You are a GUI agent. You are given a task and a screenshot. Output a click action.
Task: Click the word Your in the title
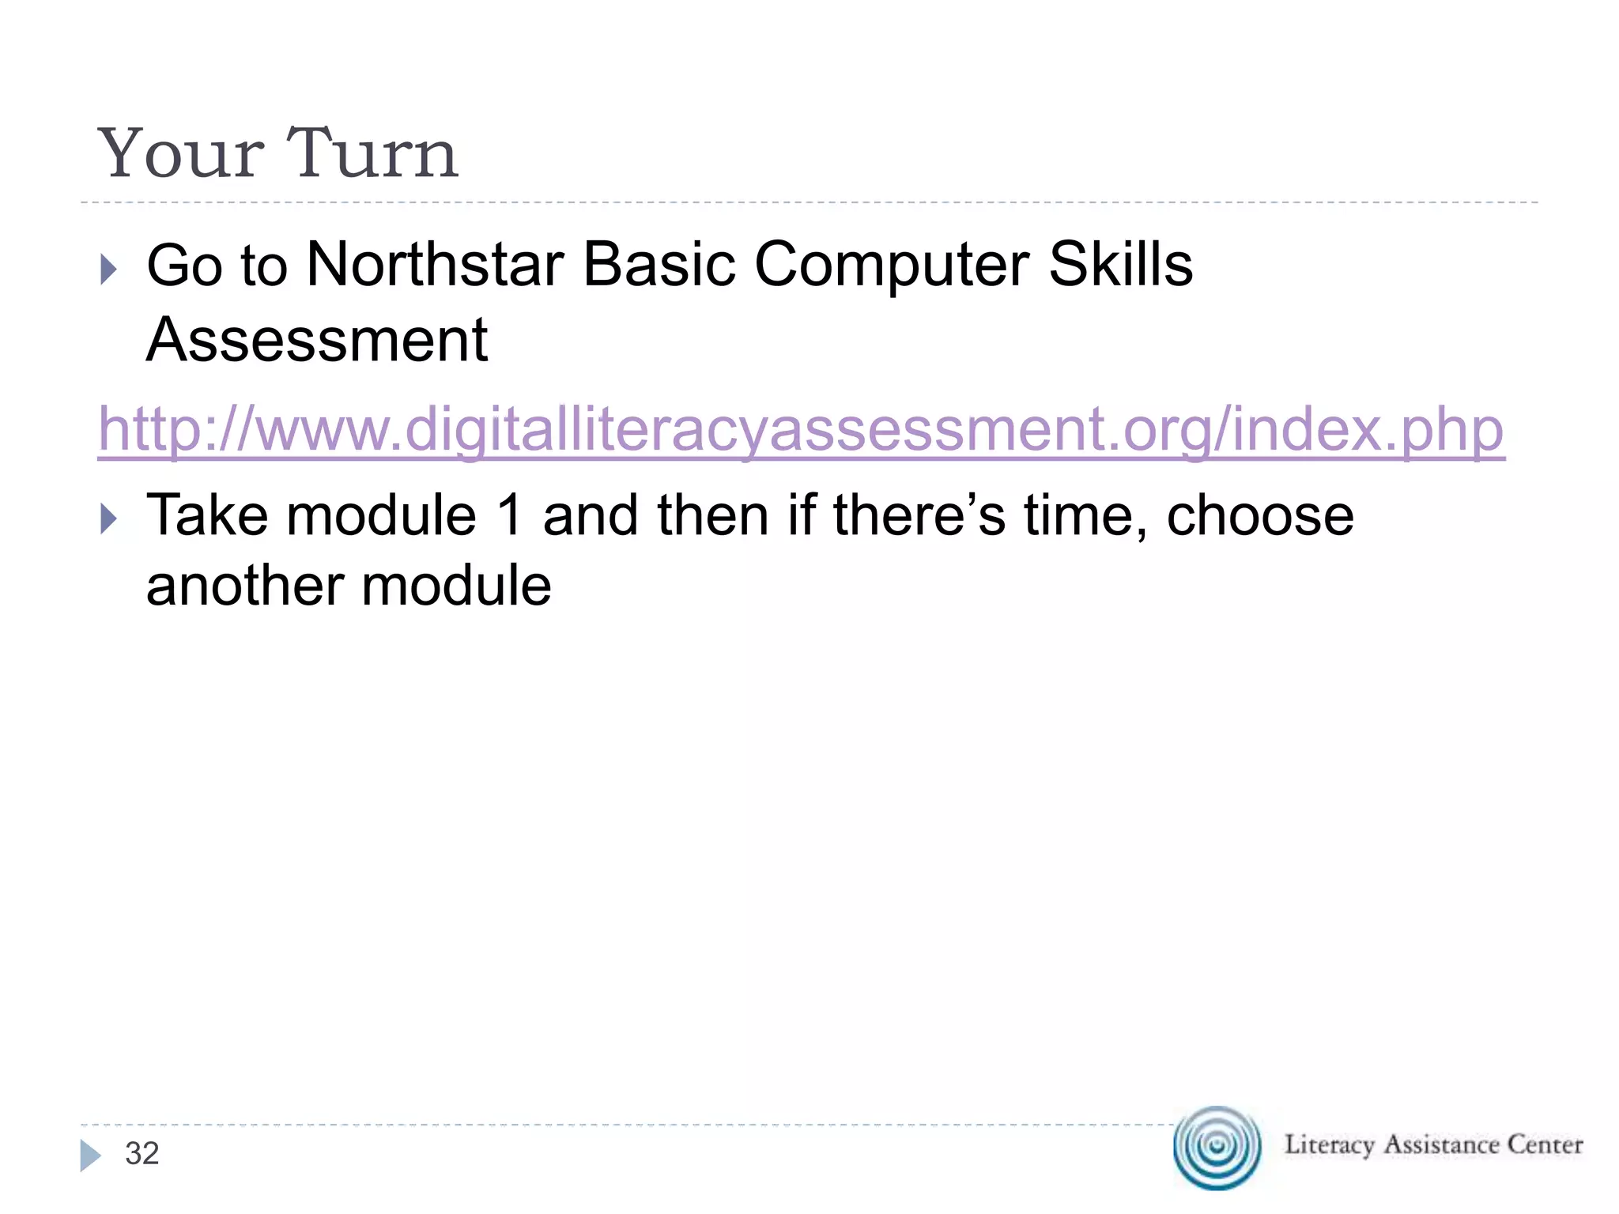(x=180, y=153)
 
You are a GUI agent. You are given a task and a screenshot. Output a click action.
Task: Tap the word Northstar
(x=435, y=265)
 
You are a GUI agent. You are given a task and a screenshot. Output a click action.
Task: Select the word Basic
(x=659, y=265)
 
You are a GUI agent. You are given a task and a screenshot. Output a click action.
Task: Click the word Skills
(x=1120, y=265)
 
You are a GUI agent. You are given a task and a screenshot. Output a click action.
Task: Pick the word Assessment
(x=317, y=340)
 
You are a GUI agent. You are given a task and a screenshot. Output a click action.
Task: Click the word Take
(x=207, y=516)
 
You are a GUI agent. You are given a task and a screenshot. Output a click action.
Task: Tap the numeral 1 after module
(x=510, y=516)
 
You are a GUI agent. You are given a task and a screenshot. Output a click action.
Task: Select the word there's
(x=919, y=516)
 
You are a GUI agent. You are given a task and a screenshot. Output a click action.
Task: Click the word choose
(x=1260, y=516)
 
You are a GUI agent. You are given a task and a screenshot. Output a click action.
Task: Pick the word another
(x=244, y=586)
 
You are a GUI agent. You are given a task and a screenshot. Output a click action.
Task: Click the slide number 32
(x=142, y=1154)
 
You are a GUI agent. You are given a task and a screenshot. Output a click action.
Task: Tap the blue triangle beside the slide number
(x=90, y=1156)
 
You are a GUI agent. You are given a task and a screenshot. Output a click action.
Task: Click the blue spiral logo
(x=1217, y=1147)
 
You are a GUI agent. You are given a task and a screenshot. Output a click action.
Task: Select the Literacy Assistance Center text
(x=1433, y=1144)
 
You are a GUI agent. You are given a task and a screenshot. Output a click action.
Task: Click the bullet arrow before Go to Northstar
(x=109, y=270)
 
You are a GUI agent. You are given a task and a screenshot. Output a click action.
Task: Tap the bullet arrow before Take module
(x=109, y=519)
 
